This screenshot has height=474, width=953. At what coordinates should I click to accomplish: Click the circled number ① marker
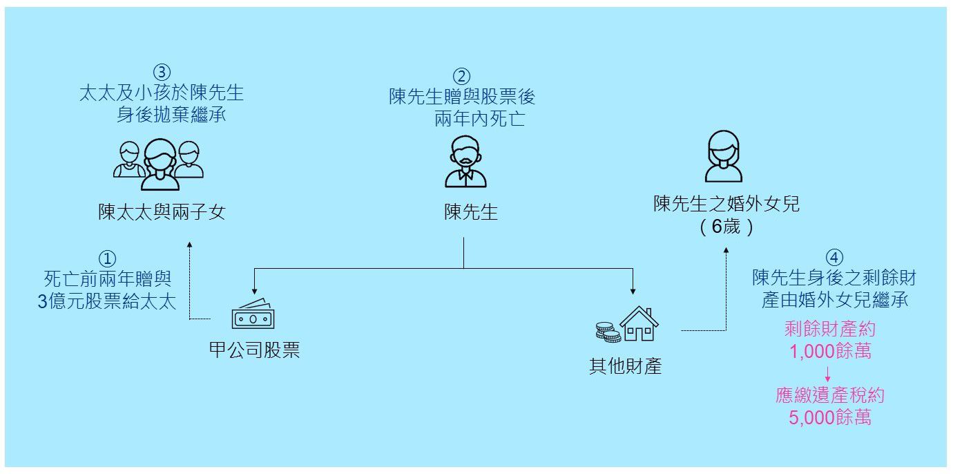[x=107, y=258]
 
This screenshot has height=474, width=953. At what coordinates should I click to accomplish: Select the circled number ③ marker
[x=161, y=72]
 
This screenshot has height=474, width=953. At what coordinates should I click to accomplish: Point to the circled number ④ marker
[x=834, y=257]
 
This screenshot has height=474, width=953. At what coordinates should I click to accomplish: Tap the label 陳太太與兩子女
[x=162, y=212]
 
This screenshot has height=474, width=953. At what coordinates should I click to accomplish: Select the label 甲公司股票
[x=254, y=350]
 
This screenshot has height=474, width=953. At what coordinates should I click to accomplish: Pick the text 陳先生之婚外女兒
[x=726, y=205]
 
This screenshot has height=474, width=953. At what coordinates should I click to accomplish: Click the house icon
[x=639, y=324]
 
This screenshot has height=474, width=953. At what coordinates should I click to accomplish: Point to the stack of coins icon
[x=608, y=332]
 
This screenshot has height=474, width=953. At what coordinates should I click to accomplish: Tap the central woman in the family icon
[x=160, y=164]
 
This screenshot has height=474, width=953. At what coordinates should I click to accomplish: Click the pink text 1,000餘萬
[x=830, y=351]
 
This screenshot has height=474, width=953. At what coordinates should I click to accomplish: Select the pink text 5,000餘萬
[x=830, y=417]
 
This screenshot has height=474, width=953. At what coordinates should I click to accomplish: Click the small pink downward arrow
[x=827, y=374]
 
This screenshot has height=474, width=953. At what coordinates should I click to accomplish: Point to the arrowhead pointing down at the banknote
[x=255, y=292]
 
